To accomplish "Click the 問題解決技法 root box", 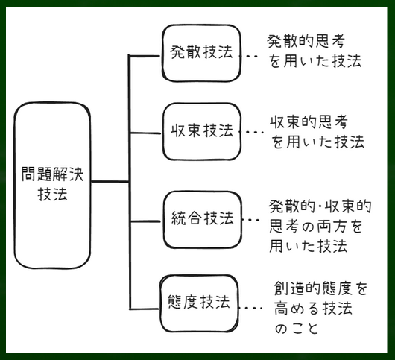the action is [x=52, y=185].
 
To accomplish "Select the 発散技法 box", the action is [x=201, y=53].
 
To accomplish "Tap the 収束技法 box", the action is [x=201, y=131].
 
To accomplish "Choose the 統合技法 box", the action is [x=202, y=220].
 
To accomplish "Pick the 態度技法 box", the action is [x=199, y=303].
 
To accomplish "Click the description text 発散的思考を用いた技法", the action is [x=315, y=51].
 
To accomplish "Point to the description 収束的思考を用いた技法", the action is [x=317, y=132].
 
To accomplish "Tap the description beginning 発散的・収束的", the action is [x=320, y=226].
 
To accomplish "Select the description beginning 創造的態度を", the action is [x=320, y=308].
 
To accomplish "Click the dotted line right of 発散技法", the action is [x=249, y=57].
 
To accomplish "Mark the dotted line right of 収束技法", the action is [x=251, y=132].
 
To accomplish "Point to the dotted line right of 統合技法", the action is [x=251, y=220].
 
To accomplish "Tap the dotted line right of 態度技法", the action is [x=250, y=308].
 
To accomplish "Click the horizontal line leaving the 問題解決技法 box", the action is [x=110, y=181].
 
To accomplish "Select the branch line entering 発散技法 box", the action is [x=145, y=56].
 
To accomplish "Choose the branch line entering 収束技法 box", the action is [x=145, y=133].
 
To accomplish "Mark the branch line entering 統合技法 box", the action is [x=145, y=221].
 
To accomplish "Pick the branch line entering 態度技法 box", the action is [x=145, y=309].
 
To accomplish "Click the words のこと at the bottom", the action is [x=297, y=328].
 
